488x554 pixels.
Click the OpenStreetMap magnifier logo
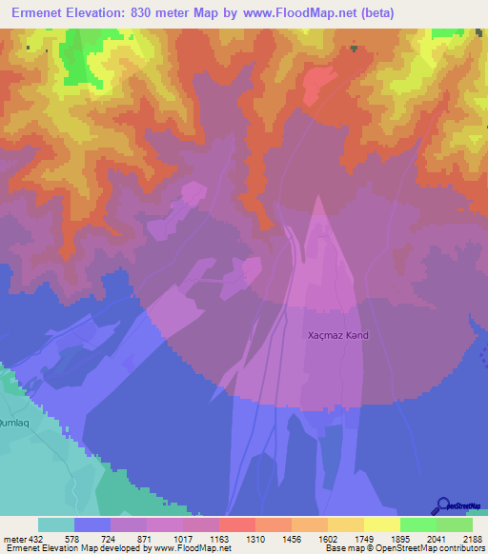click(442, 505)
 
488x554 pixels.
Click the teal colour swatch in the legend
click(56, 524)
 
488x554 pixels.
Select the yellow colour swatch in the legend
click(381, 524)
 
